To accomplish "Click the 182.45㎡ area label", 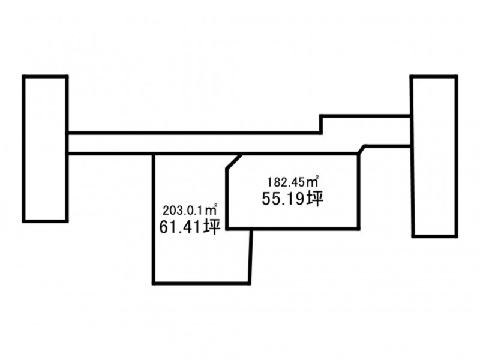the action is tap(293, 182).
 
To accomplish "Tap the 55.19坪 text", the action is tap(293, 199).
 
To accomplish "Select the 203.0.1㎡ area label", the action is tap(190, 210).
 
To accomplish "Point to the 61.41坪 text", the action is tap(190, 227).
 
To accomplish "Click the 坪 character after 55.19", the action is tap(316, 199).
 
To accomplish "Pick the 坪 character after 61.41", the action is tap(213, 227).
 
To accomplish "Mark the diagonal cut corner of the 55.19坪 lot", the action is tap(234, 161).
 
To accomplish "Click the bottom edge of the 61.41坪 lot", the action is tap(202, 283).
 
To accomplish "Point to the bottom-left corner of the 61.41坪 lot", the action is tap(154, 284).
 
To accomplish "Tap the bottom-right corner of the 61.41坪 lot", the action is tap(249, 284).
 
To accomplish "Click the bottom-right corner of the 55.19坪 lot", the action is tap(358, 229).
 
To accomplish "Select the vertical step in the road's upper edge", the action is tap(321, 124).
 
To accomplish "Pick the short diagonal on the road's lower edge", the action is tap(361, 149).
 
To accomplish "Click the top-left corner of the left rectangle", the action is tap(24, 77).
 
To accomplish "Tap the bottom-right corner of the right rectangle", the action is tap(457, 236).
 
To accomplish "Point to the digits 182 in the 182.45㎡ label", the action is tap(274, 182).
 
